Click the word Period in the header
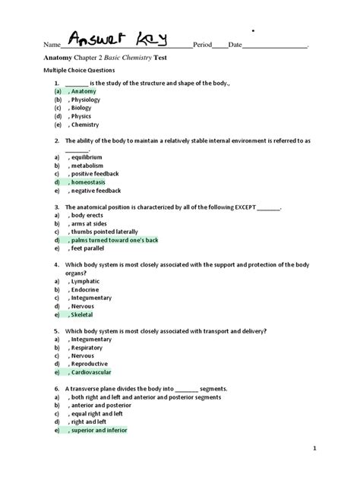[x=203, y=45]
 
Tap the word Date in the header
[x=235, y=45]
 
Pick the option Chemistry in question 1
[x=85, y=125]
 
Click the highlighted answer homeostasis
[x=89, y=182]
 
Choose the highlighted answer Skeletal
[x=83, y=314]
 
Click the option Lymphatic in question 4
[x=84, y=281]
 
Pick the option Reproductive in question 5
[x=89, y=364]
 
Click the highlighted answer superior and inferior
[x=101, y=430]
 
